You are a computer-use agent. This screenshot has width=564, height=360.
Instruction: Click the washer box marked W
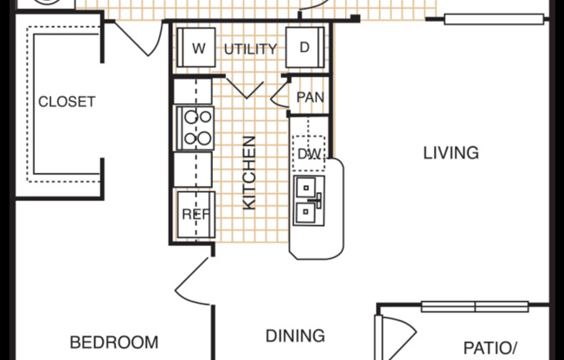pos(198,48)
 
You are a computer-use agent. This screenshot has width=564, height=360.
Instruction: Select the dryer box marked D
pos(304,48)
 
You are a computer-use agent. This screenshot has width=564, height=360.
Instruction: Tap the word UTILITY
pos(250,49)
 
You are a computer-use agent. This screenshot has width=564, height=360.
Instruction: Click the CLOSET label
pos(67,102)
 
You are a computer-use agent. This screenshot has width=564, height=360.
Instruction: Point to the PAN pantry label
pos(310,97)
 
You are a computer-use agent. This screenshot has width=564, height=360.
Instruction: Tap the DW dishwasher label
pos(310,154)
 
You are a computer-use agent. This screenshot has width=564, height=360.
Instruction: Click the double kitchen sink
pos(309,200)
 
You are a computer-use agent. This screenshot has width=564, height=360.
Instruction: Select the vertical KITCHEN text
pos(249,171)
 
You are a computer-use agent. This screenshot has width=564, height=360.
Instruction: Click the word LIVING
pos(451,153)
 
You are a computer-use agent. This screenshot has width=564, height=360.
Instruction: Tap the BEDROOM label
pos(114,341)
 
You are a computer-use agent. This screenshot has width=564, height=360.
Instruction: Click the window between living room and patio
pos(474,305)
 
